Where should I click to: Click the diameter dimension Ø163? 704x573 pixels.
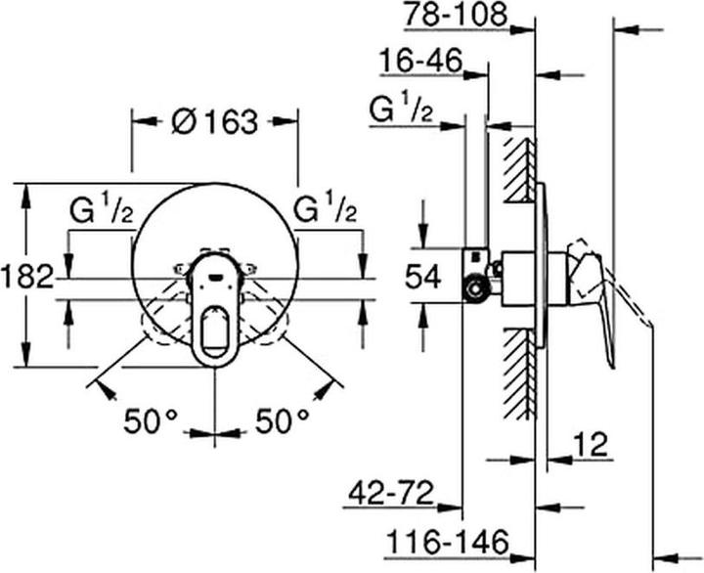point(214,122)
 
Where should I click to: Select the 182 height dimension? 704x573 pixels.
point(27,277)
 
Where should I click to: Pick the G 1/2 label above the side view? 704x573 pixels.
point(402,110)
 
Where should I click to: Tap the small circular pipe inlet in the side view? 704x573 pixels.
point(476,289)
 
